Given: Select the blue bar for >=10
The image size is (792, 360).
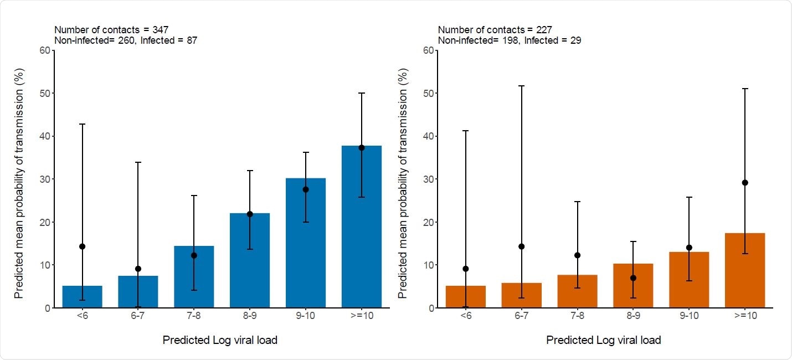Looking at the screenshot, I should pyautogui.click(x=361, y=233).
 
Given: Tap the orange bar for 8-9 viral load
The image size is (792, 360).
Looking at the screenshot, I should pyautogui.click(x=633, y=288).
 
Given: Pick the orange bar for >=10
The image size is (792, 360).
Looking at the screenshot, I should pyautogui.click(x=744, y=271).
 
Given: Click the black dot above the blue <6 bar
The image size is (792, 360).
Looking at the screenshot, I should pyautogui.click(x=83, y=246).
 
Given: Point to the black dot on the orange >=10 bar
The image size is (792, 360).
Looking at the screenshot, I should pyautogui.click(x=744, y=183).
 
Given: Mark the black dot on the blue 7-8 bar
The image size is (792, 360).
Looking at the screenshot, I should pyautogui.click(x=194, y=255).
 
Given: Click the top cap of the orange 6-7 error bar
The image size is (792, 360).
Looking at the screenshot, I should pyautogui.click(x=521, y=86).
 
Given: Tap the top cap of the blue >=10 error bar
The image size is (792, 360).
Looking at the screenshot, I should pyautogui.click(x=361, y=93).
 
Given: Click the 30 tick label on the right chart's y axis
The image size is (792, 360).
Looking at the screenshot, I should pyautogui.click(x=428, y=179).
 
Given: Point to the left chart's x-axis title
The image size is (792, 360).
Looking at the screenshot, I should pyautogui.click(x=220, y=340).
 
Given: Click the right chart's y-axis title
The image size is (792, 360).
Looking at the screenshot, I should pyautogui.click(x=403, y=179).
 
